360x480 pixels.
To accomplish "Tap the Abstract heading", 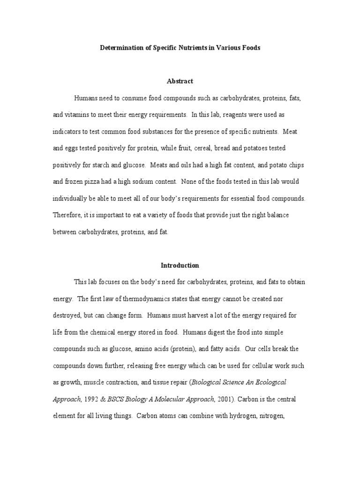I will point(180,81).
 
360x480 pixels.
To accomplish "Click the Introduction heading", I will point(180,265).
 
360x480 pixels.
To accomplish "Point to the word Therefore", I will point(67,215).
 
